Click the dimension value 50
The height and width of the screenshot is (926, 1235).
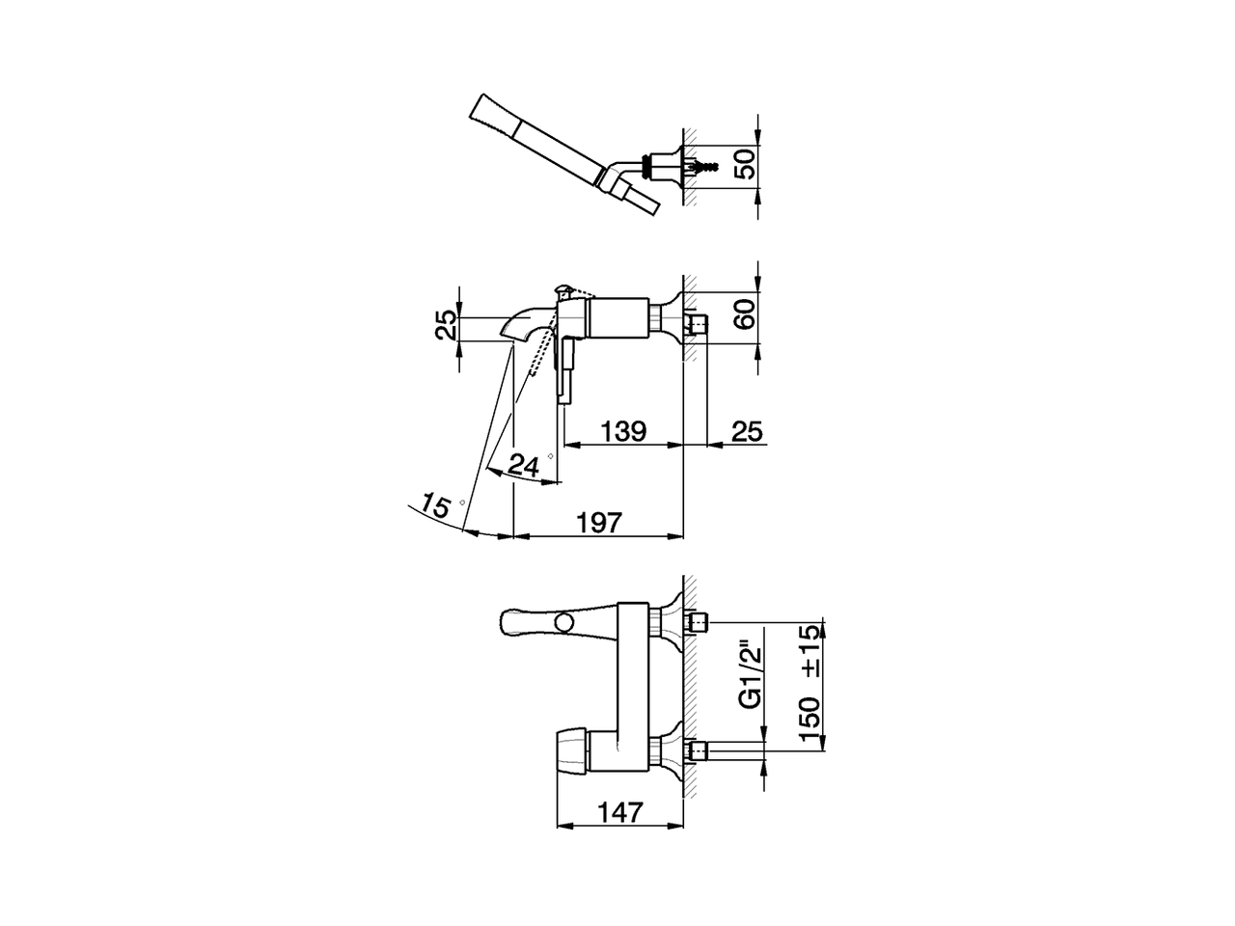click(745, 164)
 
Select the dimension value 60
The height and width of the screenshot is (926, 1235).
click(745, 313)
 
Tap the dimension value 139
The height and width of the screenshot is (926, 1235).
click(623, 431)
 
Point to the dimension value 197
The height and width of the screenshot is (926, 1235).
click(598, 522)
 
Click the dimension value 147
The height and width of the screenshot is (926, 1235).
click(619, 813)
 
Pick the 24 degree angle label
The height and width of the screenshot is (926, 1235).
click(523, 466)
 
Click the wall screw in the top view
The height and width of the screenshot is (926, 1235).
click(708, 166)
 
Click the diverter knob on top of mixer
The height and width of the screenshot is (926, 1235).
click(563, 289)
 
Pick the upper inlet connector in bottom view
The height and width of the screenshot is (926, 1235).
click(701, 622)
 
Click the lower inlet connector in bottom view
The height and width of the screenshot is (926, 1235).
click(701, 750)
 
